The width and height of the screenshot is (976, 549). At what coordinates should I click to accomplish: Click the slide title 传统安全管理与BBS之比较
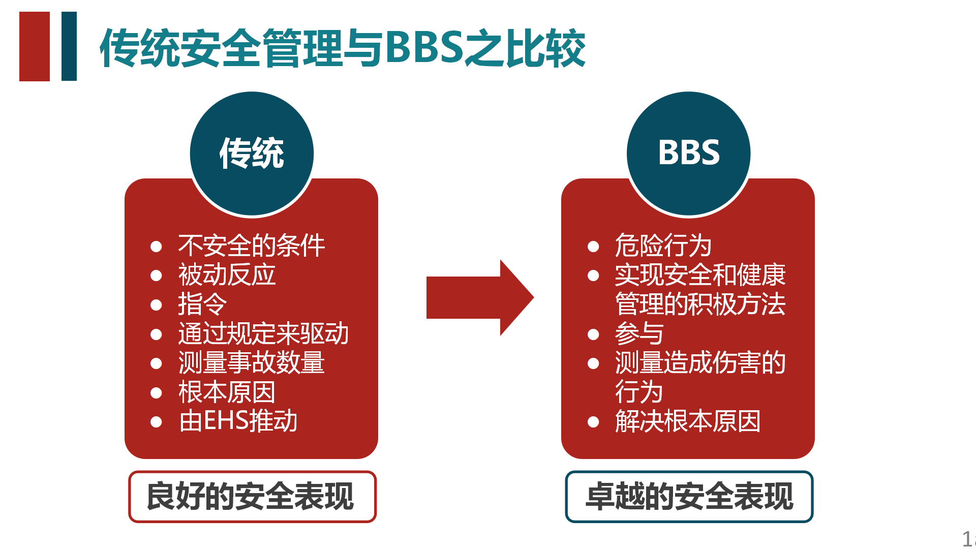pyautogui.click(x=342, y=48)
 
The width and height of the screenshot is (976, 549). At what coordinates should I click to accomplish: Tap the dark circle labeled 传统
pyautogui.click(x=252, y=153)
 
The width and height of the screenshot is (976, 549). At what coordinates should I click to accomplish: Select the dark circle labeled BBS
pyautogui.click(x=688, y=153)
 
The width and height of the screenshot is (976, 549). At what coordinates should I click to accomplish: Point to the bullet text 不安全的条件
pyautogui.click(x=251, y=246)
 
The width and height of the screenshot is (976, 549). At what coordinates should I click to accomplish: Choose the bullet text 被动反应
pyautogui.click(x=227, y=275)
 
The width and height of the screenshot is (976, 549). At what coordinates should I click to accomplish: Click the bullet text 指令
pyautogui.click(x=202, y=304)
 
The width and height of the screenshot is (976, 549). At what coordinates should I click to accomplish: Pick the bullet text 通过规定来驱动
pyautogui.click(x=263, y=333)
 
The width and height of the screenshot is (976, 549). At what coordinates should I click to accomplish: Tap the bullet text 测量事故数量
pyautogui.click(x=251, y=363)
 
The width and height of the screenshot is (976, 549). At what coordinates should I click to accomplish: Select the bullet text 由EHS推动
pyautogui.click(x=238, y=421)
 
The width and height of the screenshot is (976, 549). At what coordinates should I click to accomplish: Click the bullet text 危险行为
pyautogui.click(x=663, y=246)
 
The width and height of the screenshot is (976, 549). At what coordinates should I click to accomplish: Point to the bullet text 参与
pyautogui.click(x=639, y=334)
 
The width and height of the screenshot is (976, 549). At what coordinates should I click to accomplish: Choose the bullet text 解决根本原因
pyautogui.click(x=687, y=421)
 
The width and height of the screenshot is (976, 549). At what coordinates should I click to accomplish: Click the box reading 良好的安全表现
pyautogui.click(x=252, y=497)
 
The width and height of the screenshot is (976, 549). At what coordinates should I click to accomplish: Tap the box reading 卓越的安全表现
pyautogui.click(x=689, y=497)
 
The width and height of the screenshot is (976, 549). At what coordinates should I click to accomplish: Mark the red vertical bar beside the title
pyautogui.click(x=35, y=46)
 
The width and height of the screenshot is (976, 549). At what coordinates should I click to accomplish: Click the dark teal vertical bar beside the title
pyautogui.click(x=69, y=46)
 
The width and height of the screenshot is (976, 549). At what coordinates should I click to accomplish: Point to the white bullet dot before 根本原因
pyautogui.click(x=156, y=393)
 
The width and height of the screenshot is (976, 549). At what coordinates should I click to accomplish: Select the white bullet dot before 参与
pyautogui.click(x=593, y=334)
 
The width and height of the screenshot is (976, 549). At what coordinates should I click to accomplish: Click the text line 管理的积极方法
pyautogui.click(x=700, y=304)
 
